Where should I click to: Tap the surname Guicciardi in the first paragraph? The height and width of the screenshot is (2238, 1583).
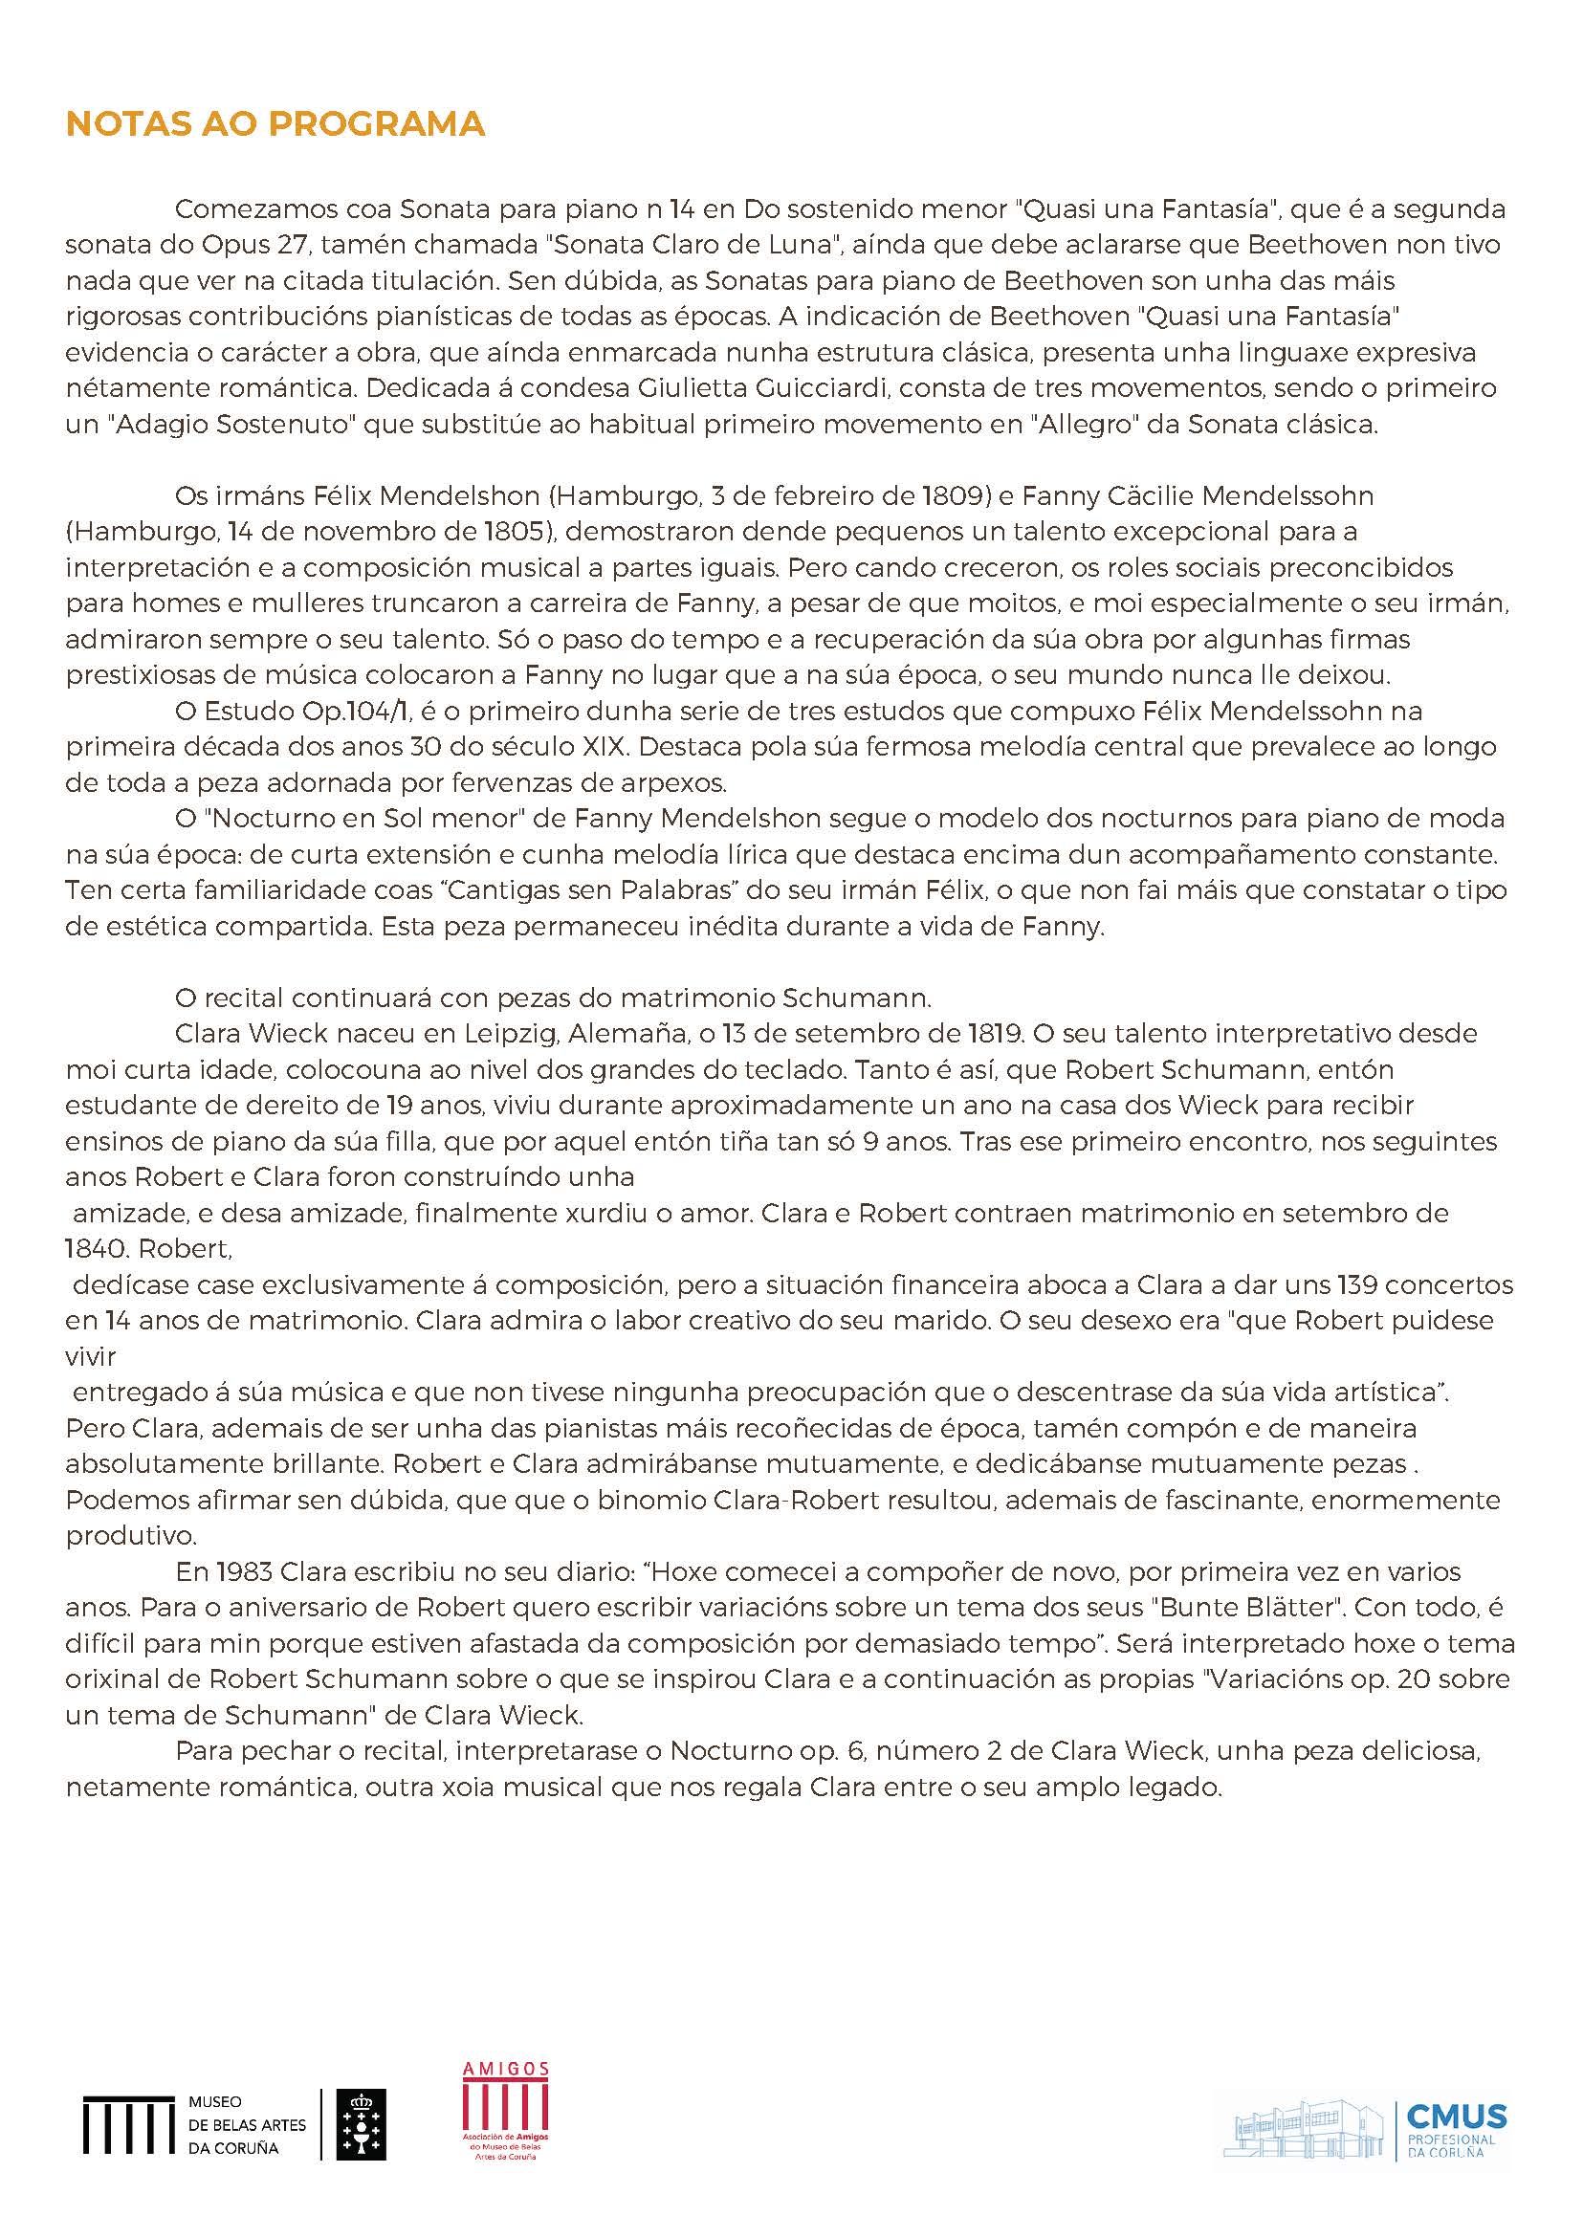pyautogui.click(x=827, y=388)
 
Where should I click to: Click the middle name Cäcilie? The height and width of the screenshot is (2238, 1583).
pyautogui.click(x=1150, y=496)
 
